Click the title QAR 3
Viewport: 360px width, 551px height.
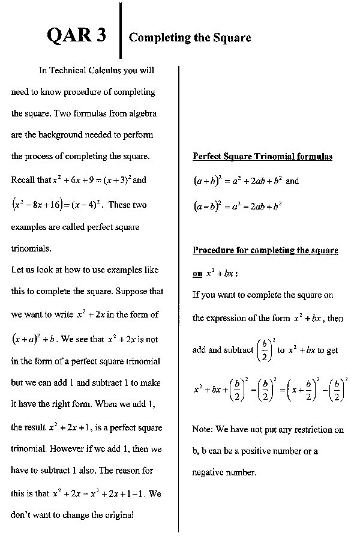pyautogui.click(x=76, y=35)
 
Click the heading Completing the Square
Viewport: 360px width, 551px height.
pyautogui.click(x=190, y=38)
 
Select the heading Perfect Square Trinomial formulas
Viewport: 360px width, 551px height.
pyautogui.click(x=262, y=157)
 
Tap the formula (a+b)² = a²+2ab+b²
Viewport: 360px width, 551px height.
pyautogui.click(x=238, y=180)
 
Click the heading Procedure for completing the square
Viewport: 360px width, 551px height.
pyautogui.click(x=265, y=250)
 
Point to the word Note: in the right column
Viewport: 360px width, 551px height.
pyautogui.click(x=202, y=430)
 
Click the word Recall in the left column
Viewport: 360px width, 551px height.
pyautogui.click(x=23, y=179)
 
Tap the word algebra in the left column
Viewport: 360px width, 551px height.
pyautogui.click(x=140, y=113)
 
